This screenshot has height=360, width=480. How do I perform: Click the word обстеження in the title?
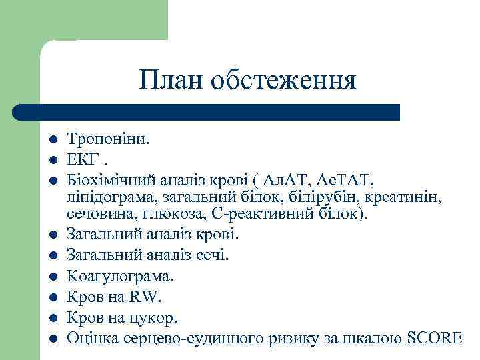click(284, 81)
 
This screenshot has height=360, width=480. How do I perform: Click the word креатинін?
click(407, 197)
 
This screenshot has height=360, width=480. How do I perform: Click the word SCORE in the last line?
click(433, 337)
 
